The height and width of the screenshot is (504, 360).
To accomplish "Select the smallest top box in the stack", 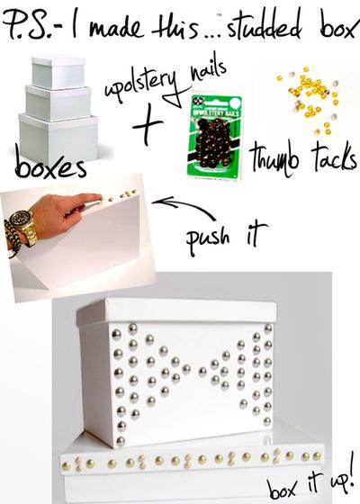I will [x=58, y=72].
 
